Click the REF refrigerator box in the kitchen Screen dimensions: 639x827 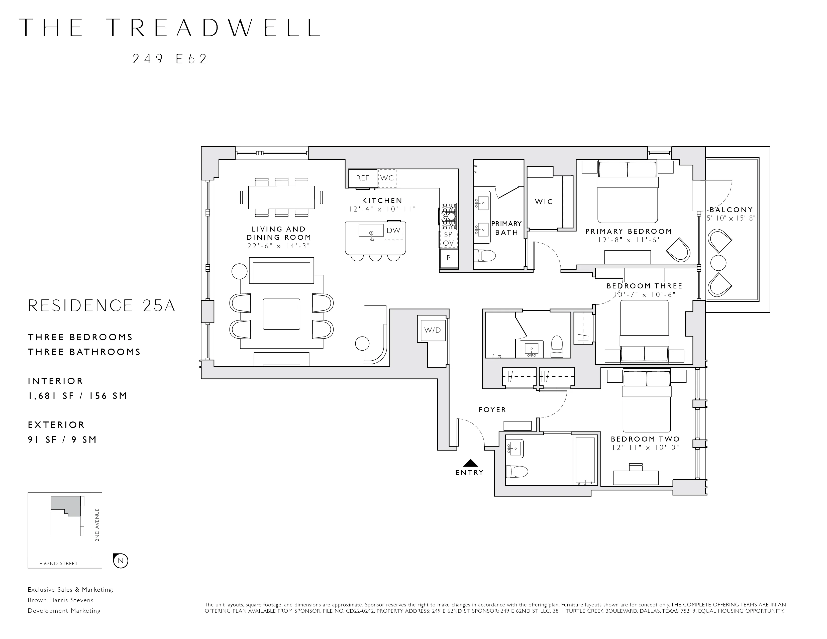pyautogui.click(x=362, y=178)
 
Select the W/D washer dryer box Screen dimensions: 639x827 pyautogui.click(x=433, y=330)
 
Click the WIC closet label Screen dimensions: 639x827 pyautogui.click(x=544, y=202)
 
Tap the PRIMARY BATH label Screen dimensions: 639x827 pyautogui.click(x=506, y=228)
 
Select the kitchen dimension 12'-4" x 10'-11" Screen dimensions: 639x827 pyautogui.click(x=382, y=209)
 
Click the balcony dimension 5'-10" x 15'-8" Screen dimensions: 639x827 pyautogui.click(x=731, y=218)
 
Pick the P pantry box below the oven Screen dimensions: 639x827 pyautogui.click(x=449, y=258)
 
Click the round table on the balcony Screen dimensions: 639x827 pyautogui.click(x=718, y=262)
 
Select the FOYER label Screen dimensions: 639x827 pyautogui.click(x=492, y=410)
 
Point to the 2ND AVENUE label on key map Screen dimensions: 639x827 pyautogui.click(x=97, y=525)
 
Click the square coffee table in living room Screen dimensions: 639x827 pyautogui.click(x=281, y=314)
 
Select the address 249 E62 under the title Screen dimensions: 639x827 pyautogui.click(x=170, y=59)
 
